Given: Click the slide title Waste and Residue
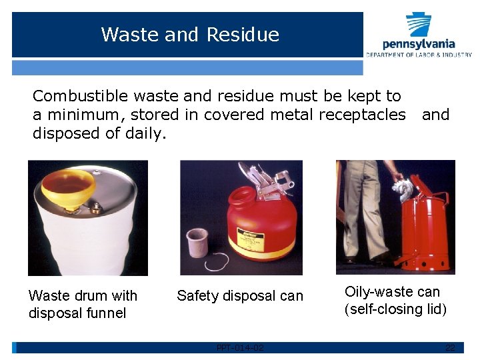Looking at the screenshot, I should (190, 34).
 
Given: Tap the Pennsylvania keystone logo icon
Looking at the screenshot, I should (418, 25).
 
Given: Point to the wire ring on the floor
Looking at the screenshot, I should (217, 262).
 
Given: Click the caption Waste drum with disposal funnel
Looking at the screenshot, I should (83, 304).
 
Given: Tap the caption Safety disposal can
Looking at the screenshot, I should (239, 296).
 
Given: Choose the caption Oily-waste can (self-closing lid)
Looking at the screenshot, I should (395, 300).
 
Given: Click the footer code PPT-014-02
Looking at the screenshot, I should (240, 348).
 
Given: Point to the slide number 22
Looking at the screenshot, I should (450, 348).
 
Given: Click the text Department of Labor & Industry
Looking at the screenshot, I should (418, 55).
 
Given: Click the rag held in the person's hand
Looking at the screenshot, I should (403, 187).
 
